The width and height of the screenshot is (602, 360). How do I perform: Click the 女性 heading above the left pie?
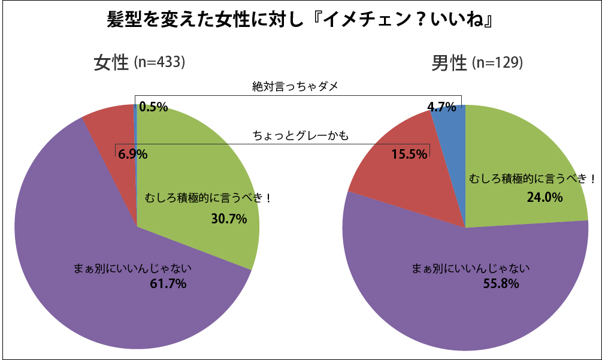click(111, 62)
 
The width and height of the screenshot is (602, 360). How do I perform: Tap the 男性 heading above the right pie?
click(449, 62)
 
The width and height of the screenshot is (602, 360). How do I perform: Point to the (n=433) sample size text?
click(159, 62)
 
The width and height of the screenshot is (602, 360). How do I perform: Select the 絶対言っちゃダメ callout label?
click(295, 86)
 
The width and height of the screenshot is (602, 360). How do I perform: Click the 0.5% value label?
click(153, 108)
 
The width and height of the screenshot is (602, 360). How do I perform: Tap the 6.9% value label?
click(133, 154)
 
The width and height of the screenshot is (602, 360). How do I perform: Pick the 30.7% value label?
click(229, 219)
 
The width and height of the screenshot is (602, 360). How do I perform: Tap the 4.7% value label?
click(441, 108)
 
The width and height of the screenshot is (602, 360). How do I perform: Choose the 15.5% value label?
click(410, 154)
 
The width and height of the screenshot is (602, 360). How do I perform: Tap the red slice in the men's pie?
click(407, 180)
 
